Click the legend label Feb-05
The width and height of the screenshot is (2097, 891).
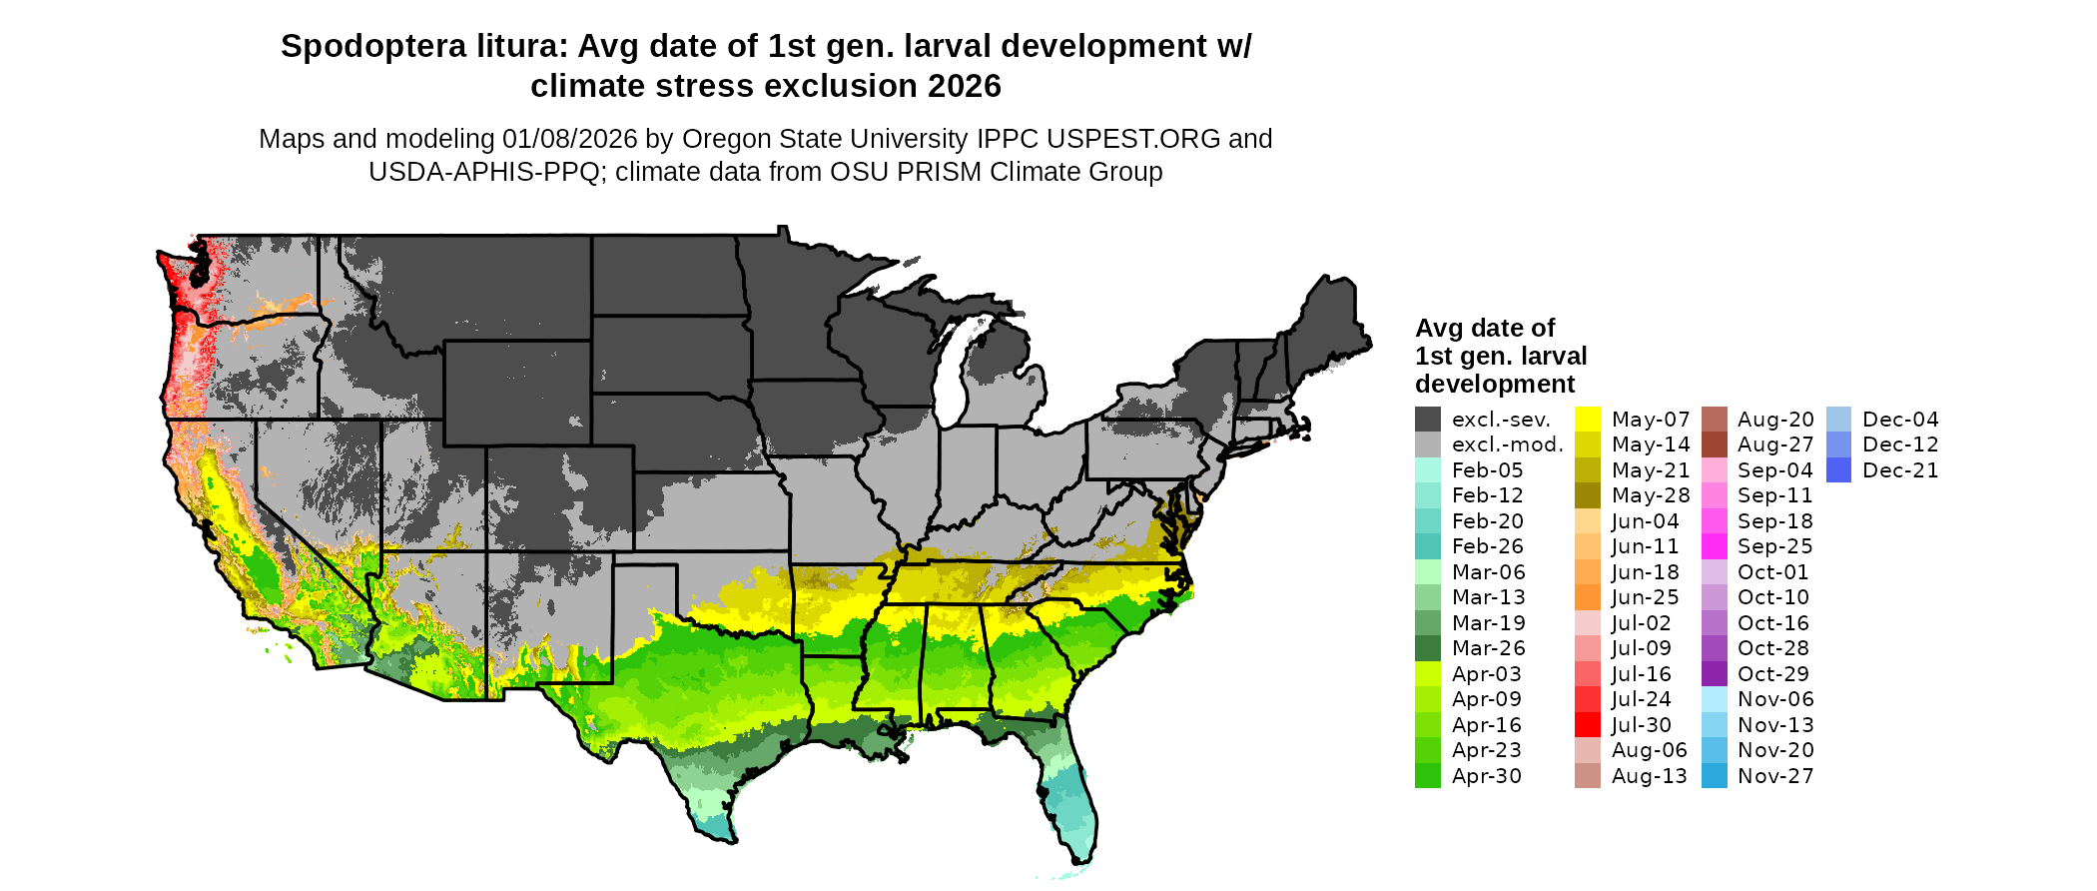tap(1487, 470)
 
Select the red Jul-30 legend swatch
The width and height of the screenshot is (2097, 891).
tap(1588, 725)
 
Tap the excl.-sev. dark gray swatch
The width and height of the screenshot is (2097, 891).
tap(1428, 420)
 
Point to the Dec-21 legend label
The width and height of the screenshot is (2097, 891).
tap(1900, 470)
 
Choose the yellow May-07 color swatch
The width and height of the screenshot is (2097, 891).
tap(1588, 420)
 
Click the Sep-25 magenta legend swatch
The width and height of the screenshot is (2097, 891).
tap(1714, 546)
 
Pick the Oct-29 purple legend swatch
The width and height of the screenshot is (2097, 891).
tap(1714, 674)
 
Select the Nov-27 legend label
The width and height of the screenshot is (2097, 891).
tap(1775, 776)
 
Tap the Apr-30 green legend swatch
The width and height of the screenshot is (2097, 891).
tap(1428, 776)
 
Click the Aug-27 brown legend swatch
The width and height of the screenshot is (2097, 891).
tap(1714, 445)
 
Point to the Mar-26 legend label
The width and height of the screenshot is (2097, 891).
tap(1488, 648)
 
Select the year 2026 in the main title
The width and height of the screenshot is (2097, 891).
tap(964, 87)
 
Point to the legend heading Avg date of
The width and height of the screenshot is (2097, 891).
tap(1485, 329)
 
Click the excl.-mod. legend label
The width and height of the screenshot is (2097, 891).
tap(1507, 445)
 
